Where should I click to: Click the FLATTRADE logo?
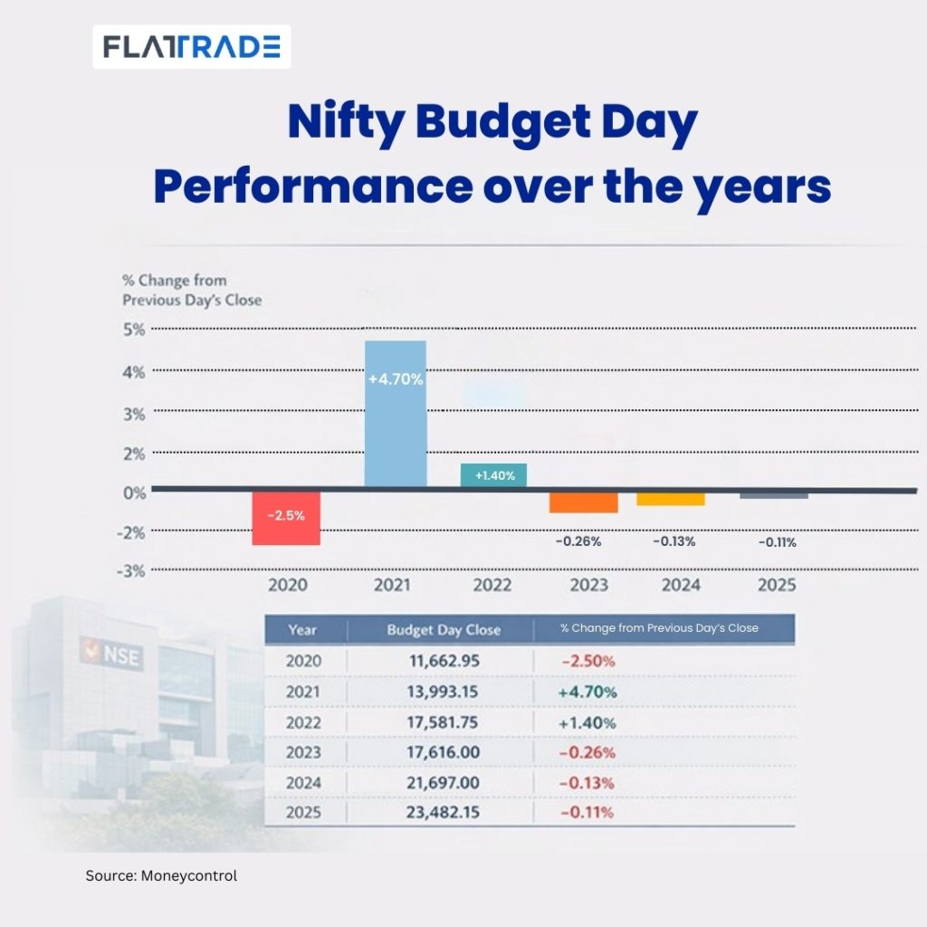pos(191,46)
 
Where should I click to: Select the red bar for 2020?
pos(285,519)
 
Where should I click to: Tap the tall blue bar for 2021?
pos(395,413)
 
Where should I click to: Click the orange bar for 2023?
pos(583,502)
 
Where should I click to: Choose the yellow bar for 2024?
pos(670,499)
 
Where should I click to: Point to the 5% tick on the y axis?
pos(133,330)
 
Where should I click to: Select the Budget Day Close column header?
pos(444,629)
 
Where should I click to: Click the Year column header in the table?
pos(302,629)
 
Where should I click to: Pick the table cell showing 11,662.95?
pos(444,661)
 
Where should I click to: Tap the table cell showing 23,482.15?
pos(444,812)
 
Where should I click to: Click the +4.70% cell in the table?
pos(588,693)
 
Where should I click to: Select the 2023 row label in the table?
pos(302,752)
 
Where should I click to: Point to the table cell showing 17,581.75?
pos(444,722)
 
